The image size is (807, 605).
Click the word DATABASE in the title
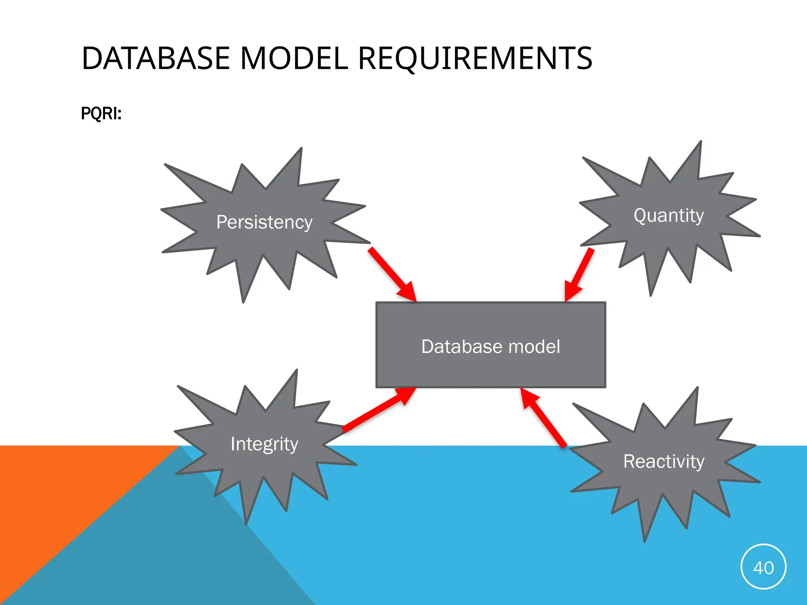pyautogui.click(x=155, y=58)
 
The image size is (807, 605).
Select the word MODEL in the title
pyautogui.click(x=294, y=58)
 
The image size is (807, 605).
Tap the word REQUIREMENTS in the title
pyautogui.click(x=475, y=58)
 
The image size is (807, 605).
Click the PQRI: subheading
pyautogui.click(x=101, y=113)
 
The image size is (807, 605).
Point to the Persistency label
pyautogui.click(x=264, y=222)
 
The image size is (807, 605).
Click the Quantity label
pyautogui.click(x=668, y=215)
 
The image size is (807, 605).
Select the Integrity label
pyautogui.click(x=264, y=444)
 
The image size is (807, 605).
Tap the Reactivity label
pyautogui.click(x=664, y=461)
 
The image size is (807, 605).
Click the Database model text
pyautogui.click(x=490, y=347)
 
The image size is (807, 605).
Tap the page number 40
pyautogui.click(x=763, y=568)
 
